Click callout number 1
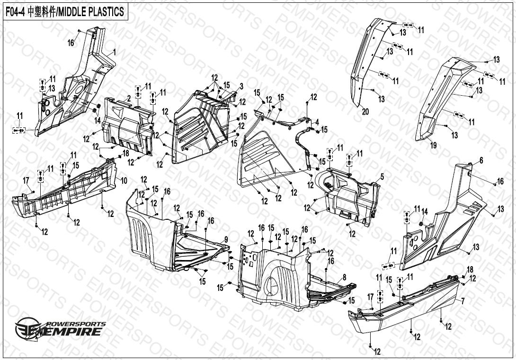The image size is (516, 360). (x=114, y=51)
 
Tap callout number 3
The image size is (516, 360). (x=241, y=86)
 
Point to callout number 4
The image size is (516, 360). (x=317, y=121)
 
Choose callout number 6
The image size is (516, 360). (x=481, y=161)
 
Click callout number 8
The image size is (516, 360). (x=344, y=277)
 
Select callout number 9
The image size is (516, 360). (x=226, y=239)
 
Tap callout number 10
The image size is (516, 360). (x=124, y=180)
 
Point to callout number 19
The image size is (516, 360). (x=433, y=145)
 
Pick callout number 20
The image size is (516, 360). (x=365, y=112)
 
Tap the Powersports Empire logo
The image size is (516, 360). (x=59, y=328)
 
